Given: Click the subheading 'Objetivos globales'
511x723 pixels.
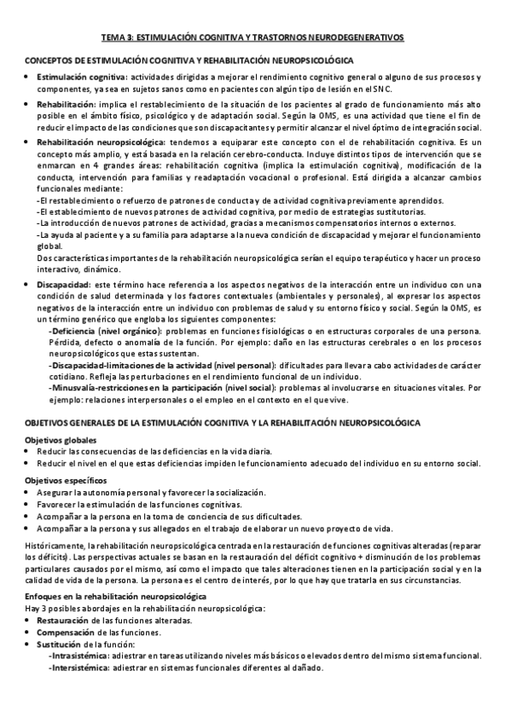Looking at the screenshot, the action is coord(62,439).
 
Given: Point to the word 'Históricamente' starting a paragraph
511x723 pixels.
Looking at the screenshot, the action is coord(55,544).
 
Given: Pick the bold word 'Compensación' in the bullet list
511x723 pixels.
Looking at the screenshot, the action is coord(66,633).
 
